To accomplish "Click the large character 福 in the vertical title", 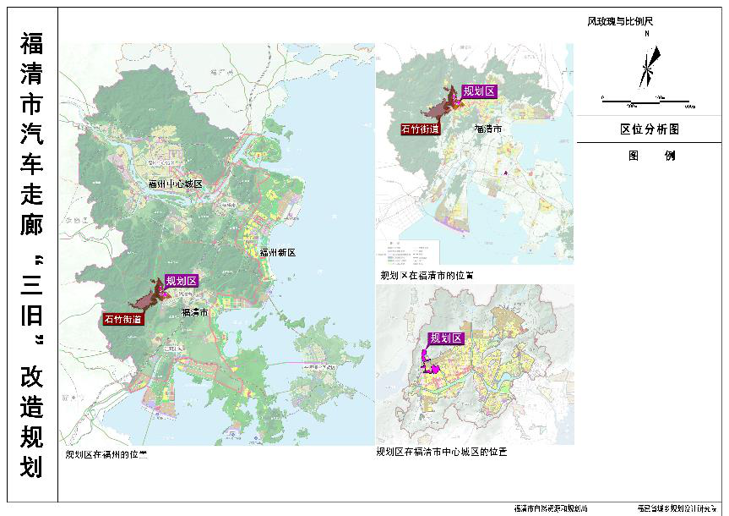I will coord(31,47).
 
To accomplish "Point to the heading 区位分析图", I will coord(650,129).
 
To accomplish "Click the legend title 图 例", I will coord(651,156).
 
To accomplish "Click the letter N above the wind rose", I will coord(646,35).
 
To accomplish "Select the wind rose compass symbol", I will coord(649,65).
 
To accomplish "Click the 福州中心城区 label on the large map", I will coord(176,184).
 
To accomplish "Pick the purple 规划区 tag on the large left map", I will coord(182,281).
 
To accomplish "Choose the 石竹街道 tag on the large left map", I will coord(123,319).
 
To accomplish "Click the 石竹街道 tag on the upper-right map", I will coord(421,129).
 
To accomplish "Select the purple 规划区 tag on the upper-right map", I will coord(478,91).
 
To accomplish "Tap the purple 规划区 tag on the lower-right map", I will coord(447,338).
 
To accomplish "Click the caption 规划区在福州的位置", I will coord(106,454).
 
